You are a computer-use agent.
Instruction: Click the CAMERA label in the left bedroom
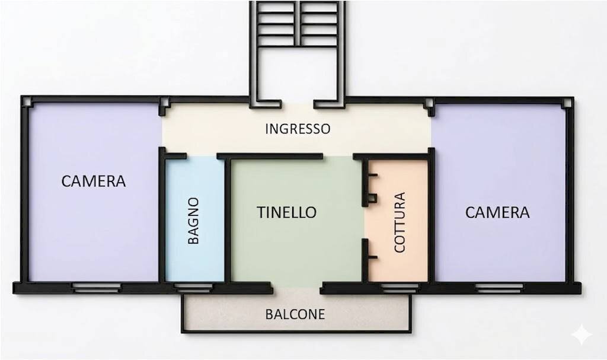pyautogui.click(x=94, y=181)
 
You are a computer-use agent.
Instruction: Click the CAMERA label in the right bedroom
pyautogui.click(x=497, y=212)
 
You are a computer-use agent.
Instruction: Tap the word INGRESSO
pyautogui.click(x=297, y=129)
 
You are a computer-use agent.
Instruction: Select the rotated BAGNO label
pyautogui.click(x=193, y=221)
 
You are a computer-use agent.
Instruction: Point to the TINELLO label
pyautogui.click(x=286, y=212)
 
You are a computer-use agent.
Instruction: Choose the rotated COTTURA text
pyautogui.click(x=400, y=222)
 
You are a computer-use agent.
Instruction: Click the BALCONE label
pyautogui.click(x=295, y=314)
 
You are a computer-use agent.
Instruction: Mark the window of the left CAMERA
pyautogui.click(x=96, y=287)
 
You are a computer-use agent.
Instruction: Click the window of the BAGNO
pyautogui.click(x=193, y=287)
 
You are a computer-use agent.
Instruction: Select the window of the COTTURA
pyautogui.click(x=400, y=288)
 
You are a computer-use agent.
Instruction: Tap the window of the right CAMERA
pyautogui.click(x=499, y=288)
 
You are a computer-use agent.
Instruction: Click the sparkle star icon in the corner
pyautogui.click(x=581, y=334)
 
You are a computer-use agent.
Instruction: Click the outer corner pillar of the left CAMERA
pyautogui.click(x=26, y=101)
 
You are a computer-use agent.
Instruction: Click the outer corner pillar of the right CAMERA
pyautogui.click(x=568, y=103)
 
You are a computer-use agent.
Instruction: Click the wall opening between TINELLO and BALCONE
pyautogui.click(x=296, y=288)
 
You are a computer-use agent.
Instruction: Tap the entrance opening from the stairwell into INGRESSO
pyautogui.click(x=297, y=105)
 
